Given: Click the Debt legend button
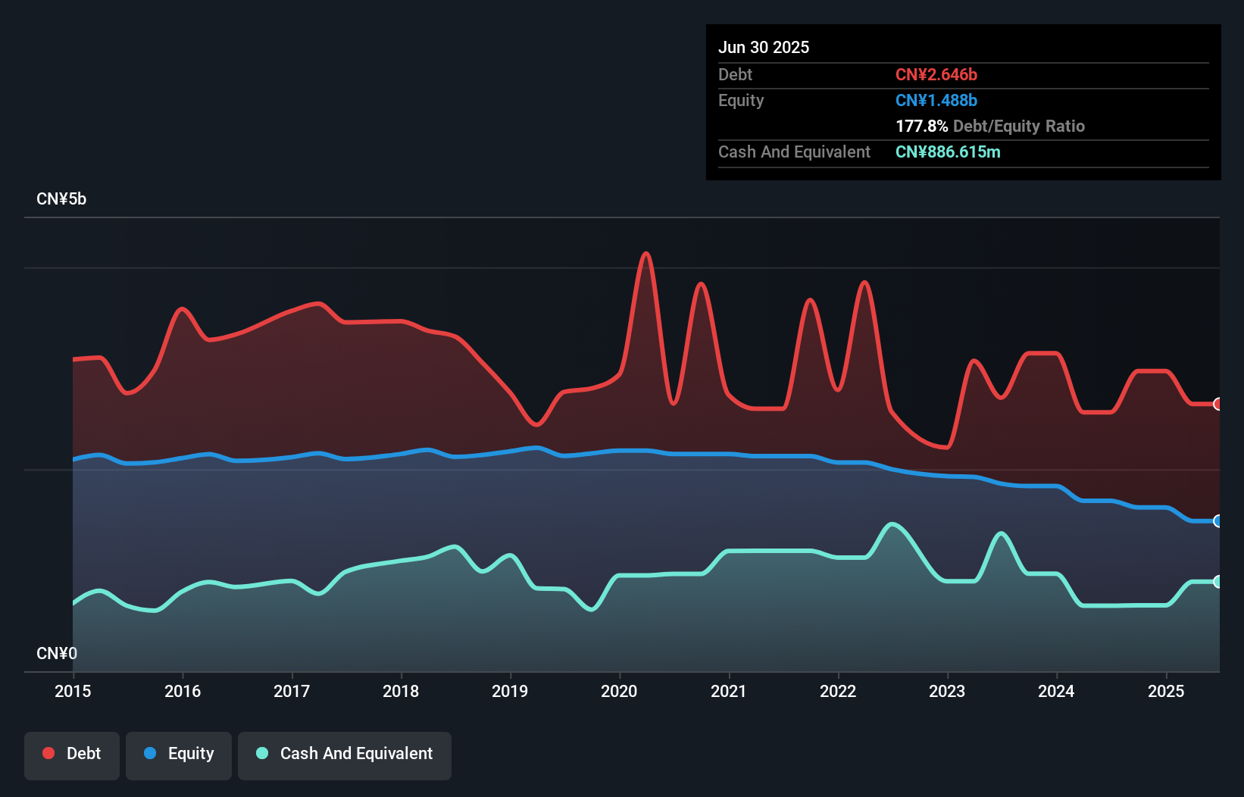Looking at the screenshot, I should coord(72,755).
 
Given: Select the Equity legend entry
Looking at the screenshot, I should coord(179,755).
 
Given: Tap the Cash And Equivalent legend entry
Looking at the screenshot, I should coord(345,755).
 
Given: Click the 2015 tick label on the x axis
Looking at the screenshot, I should coord(73,691).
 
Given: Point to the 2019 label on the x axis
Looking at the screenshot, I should coord(510,691).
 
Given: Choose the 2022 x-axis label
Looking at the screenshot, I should coord(838,691).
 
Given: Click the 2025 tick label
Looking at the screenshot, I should coord(1166,691).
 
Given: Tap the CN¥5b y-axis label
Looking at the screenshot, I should coord(61,199).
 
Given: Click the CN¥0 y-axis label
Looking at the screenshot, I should coord(57,653).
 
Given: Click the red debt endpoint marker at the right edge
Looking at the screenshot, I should coord(1217,404).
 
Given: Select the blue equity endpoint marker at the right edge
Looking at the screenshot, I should coord(1217,521).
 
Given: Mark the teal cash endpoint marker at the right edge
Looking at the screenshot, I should coord(1217,582).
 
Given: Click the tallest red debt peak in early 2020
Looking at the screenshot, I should coord(645,254).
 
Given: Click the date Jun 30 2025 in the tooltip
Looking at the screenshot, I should coord(764,47).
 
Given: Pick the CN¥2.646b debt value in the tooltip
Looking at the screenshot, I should coord(936,74).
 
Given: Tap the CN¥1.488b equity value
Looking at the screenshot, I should coord(936,100).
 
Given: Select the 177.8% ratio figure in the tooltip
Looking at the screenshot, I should coord(921,126).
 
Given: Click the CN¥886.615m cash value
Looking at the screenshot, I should coord(948,152).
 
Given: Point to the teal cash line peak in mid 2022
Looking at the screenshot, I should coord(892,524).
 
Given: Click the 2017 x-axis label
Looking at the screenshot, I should coord(292,691).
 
